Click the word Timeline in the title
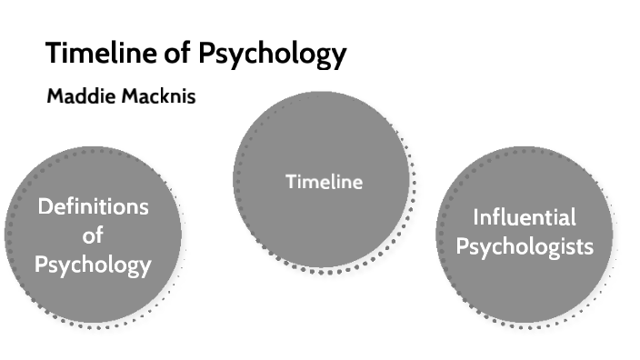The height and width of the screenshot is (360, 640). pos(100,55)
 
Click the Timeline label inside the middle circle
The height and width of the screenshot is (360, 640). pos(324,182)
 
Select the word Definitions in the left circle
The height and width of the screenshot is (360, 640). pos(93,207)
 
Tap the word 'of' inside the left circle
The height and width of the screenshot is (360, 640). pos(93,235)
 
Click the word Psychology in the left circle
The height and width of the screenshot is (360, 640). pos(93,265)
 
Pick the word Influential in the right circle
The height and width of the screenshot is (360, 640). pos(525,218)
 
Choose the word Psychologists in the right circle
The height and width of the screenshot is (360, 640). pos(525,247)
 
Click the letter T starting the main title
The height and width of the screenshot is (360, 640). pos(54,55)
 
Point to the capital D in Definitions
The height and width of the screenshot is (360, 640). pos(44,207)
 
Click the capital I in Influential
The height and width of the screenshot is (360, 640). pos(475,218)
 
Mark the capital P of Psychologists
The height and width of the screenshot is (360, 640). pos(461,247)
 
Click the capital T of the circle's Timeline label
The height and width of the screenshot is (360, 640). pos(290,182)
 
